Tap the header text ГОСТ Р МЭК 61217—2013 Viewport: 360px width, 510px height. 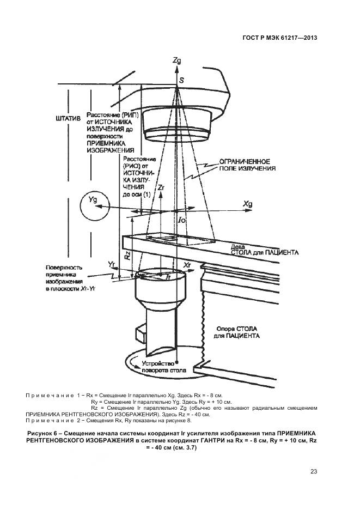279,38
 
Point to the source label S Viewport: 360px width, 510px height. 181,81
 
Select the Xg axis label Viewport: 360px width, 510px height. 248,203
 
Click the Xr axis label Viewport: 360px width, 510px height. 188,264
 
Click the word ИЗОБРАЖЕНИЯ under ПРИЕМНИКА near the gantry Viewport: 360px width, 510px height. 111,149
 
